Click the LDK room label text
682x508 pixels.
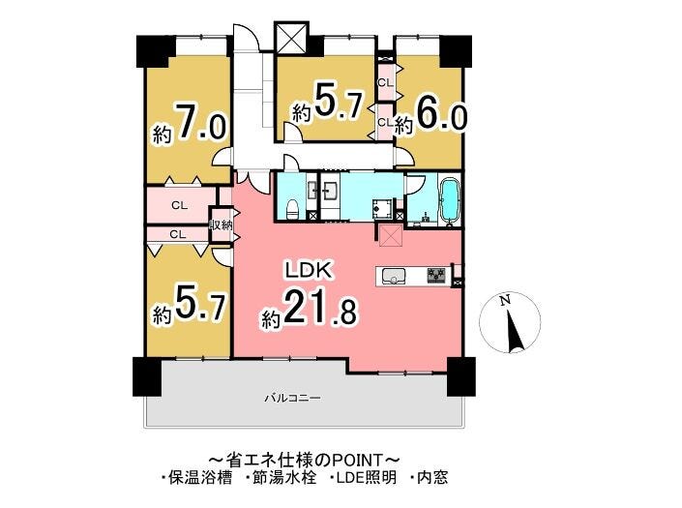pos(309,270)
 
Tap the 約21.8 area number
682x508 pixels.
pos(310,312)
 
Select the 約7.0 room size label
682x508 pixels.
pos(189,124)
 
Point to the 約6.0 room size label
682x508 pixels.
pos(430,116)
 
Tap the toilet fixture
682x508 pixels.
pos(293,209)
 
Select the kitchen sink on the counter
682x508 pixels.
pos(393,276)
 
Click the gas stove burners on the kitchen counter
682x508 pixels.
pos(436,276)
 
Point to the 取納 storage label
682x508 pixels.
pos(222,225)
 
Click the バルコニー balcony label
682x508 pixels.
pos(293,398)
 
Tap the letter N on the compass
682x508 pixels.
pos(505,301)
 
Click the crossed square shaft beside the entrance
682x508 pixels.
pos(291,39)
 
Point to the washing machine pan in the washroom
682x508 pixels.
pos(383,209)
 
